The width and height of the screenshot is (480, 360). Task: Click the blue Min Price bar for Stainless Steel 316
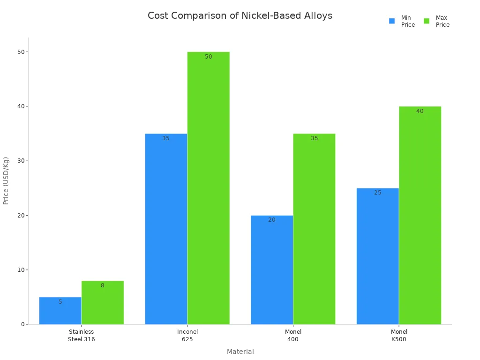point(60,311)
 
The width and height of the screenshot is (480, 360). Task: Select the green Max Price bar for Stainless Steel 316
point(102,303)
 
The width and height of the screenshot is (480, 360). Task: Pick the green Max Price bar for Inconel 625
point(208,188)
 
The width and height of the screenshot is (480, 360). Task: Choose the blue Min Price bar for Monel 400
point(272,270)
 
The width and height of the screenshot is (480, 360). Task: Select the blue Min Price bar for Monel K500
point(377,256)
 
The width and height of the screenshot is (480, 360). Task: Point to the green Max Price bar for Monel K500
point(420,215)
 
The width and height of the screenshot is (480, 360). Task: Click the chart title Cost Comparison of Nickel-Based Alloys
point(240,15)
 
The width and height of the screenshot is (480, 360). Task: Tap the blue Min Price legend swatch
point(392,21)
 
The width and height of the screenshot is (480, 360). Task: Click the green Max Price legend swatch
point(427,21)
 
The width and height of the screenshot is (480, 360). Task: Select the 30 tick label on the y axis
point(21,161)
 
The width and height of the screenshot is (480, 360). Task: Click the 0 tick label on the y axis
point(22,324)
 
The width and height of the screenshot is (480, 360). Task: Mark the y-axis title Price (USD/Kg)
point(6,180)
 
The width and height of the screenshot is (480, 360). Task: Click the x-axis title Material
point(240,352)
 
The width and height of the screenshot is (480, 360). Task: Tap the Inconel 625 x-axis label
point(187,335)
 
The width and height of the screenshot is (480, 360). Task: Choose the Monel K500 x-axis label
point(399,335)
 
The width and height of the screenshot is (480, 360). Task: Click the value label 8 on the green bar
point(102,285)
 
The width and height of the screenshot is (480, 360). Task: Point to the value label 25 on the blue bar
point(377,193)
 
